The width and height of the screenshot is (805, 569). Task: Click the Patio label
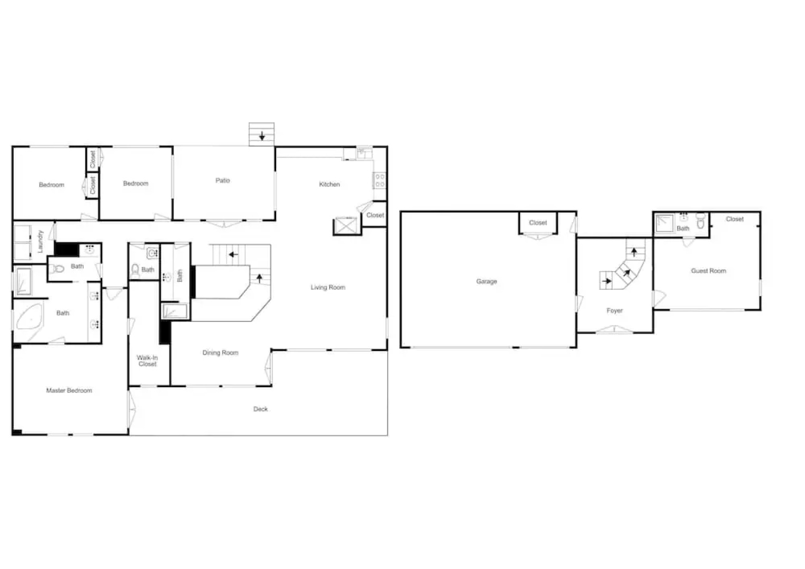point(222,180)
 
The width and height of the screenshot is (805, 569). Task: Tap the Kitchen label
point(329,184)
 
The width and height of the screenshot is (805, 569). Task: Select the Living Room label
point(328,287)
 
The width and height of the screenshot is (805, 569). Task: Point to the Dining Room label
point(220,352)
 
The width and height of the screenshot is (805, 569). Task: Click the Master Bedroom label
point(69,390)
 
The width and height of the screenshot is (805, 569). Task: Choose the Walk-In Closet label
point(148,360)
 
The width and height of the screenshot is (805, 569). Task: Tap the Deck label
point(260,409)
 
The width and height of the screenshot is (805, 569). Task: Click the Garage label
point(487,281)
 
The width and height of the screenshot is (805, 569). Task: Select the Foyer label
point(614,310)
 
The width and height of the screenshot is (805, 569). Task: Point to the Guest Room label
point(709,271)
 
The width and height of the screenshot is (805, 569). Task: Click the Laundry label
point(40,241)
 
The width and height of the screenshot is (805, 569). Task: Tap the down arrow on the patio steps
point(262,136)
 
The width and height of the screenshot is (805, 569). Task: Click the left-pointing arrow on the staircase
point(233,254)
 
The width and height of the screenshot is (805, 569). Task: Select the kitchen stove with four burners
point(380,180)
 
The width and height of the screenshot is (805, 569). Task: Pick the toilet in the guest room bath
point(700,221)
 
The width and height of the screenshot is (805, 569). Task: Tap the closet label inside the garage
point(537,223)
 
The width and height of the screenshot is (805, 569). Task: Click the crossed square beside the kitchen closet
point(346,226)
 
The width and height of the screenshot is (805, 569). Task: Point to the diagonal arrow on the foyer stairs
point(626,273)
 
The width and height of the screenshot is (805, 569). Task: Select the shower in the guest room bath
point(664,223)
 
